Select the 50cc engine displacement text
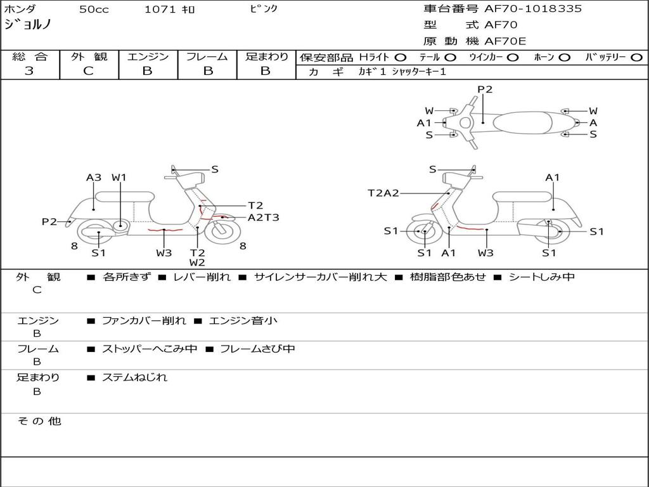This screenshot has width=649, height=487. point(94,10)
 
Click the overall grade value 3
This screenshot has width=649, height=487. point(29,71)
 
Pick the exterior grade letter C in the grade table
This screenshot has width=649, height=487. point(88,71)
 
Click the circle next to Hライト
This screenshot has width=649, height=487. point(400,57)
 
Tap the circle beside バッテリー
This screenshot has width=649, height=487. point(636,57)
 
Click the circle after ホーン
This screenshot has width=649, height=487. point(564,57)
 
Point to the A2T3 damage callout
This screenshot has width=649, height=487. point(263,218)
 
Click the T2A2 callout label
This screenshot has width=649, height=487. point(383,193)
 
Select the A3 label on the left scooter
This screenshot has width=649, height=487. point(94,178)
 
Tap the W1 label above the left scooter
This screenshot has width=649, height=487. point(119,178)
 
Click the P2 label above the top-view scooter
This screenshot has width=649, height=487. point(485,89)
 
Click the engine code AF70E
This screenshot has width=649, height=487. point(505,41)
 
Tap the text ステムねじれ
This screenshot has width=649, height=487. point(134,377)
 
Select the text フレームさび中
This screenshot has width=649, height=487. point(257,349)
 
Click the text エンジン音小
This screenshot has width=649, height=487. point(243,321)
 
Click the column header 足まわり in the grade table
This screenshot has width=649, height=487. point(267,56)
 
